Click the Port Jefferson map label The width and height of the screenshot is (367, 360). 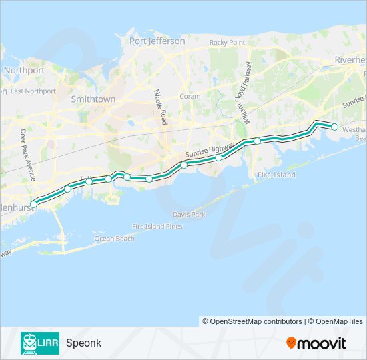pos(157,41)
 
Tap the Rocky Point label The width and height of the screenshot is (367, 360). pos(227,43)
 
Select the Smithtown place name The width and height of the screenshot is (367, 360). pos(93,99)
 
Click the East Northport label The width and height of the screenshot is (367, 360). pos(33,91)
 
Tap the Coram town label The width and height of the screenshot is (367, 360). pos(190,96)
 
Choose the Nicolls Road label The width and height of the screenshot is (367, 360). pos(160,107)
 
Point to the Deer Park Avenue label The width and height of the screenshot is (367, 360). pos(27,155)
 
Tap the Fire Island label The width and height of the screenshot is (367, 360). pos(276,175)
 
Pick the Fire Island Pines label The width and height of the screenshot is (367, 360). pos(157,227)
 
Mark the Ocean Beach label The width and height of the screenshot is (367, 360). pos(114,238)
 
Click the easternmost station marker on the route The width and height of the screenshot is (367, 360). pos(335,127)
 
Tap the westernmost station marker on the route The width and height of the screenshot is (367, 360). pos(34,204)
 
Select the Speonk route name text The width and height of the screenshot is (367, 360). pos(83,343)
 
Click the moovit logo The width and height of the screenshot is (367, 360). pos(316,343)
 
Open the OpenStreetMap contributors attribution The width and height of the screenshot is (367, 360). pos(252,321)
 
